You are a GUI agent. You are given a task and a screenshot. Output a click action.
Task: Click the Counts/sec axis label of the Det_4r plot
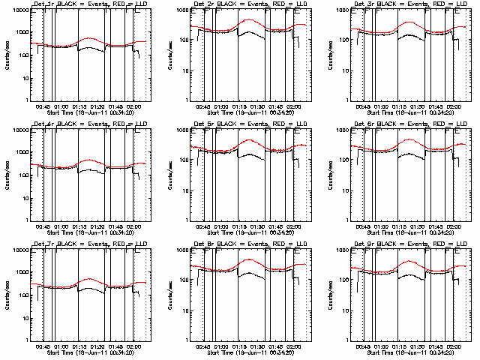6,175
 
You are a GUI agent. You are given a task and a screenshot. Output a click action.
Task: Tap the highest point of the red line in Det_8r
248,259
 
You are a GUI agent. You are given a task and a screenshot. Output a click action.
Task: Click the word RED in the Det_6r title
433,123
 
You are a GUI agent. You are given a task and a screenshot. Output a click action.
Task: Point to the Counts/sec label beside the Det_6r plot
324,175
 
